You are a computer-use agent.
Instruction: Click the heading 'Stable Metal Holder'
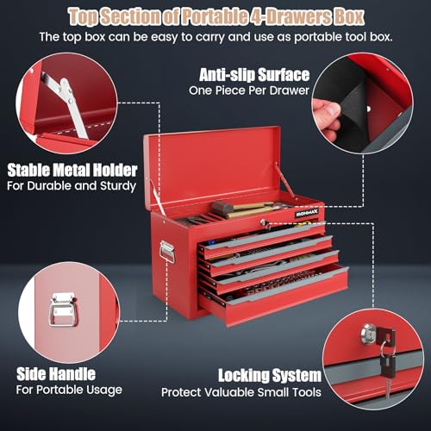tap(72, 170)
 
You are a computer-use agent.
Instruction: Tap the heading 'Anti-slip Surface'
tap(254, 75)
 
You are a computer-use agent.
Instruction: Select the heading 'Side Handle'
tap(56, 374)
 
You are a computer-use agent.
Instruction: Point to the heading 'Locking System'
tap(270, 376)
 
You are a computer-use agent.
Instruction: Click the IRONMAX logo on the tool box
tap(307, 213)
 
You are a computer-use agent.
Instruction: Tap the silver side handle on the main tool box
tap(167, 252)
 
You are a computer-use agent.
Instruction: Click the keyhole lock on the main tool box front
tap(263, 222)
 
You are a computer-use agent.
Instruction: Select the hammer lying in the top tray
tap(244, 208)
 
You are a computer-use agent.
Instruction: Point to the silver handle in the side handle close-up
tap(63, 309)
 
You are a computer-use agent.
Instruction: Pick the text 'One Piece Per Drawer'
tap(249, 91)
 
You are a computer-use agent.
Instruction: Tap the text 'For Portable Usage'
tap(69, 390)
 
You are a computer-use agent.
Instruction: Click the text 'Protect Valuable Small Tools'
tap(241, 392)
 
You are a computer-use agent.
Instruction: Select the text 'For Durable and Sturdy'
tap(72, 186)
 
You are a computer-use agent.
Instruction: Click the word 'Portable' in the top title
tap(215, 16)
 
